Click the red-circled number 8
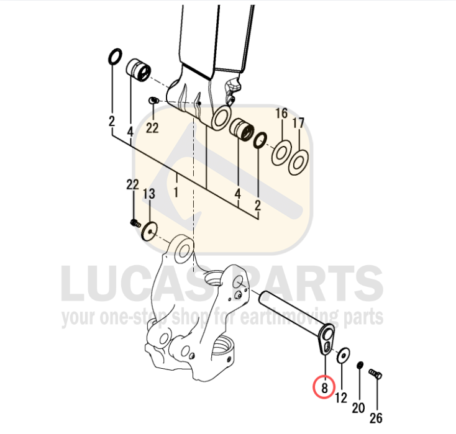[324, 388]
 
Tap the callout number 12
[341, 397]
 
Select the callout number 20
[358, 407]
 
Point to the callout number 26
[376, 418]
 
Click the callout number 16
[281, 114]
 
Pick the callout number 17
[298, 124]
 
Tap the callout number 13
[149, 194]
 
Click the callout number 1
[176, 192]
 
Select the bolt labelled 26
[375, 374]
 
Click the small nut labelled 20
[360, 365]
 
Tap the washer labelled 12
[343, 355]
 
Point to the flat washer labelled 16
[281, 152]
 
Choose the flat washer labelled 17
[298, 162]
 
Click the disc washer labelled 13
[150, 232]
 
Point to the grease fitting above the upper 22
[153, 101]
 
